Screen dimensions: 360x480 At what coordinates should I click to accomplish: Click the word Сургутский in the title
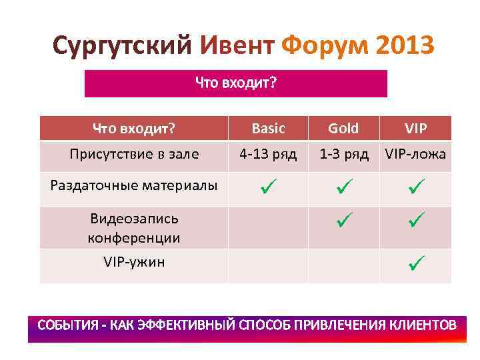(123, 46)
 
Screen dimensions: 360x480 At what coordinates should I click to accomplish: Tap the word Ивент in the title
(237, 46)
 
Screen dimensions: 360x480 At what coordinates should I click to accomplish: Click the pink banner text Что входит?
(236, 83)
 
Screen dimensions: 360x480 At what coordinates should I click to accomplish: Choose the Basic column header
(269, 128)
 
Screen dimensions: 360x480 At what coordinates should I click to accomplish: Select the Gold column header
(343, 128)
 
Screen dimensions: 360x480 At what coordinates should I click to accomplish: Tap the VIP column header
(416, 128)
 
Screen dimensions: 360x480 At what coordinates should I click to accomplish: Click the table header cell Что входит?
(134, 128)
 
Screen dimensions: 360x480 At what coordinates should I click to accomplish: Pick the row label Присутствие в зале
(134, 155)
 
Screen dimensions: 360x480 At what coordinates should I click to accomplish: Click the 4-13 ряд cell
(269, 155)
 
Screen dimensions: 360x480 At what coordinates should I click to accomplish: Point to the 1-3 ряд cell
(343, 155)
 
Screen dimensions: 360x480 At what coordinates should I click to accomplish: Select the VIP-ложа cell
(415, 155)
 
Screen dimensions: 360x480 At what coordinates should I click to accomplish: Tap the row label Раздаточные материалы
(134, 185)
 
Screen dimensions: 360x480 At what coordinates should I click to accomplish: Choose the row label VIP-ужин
(134, 262)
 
